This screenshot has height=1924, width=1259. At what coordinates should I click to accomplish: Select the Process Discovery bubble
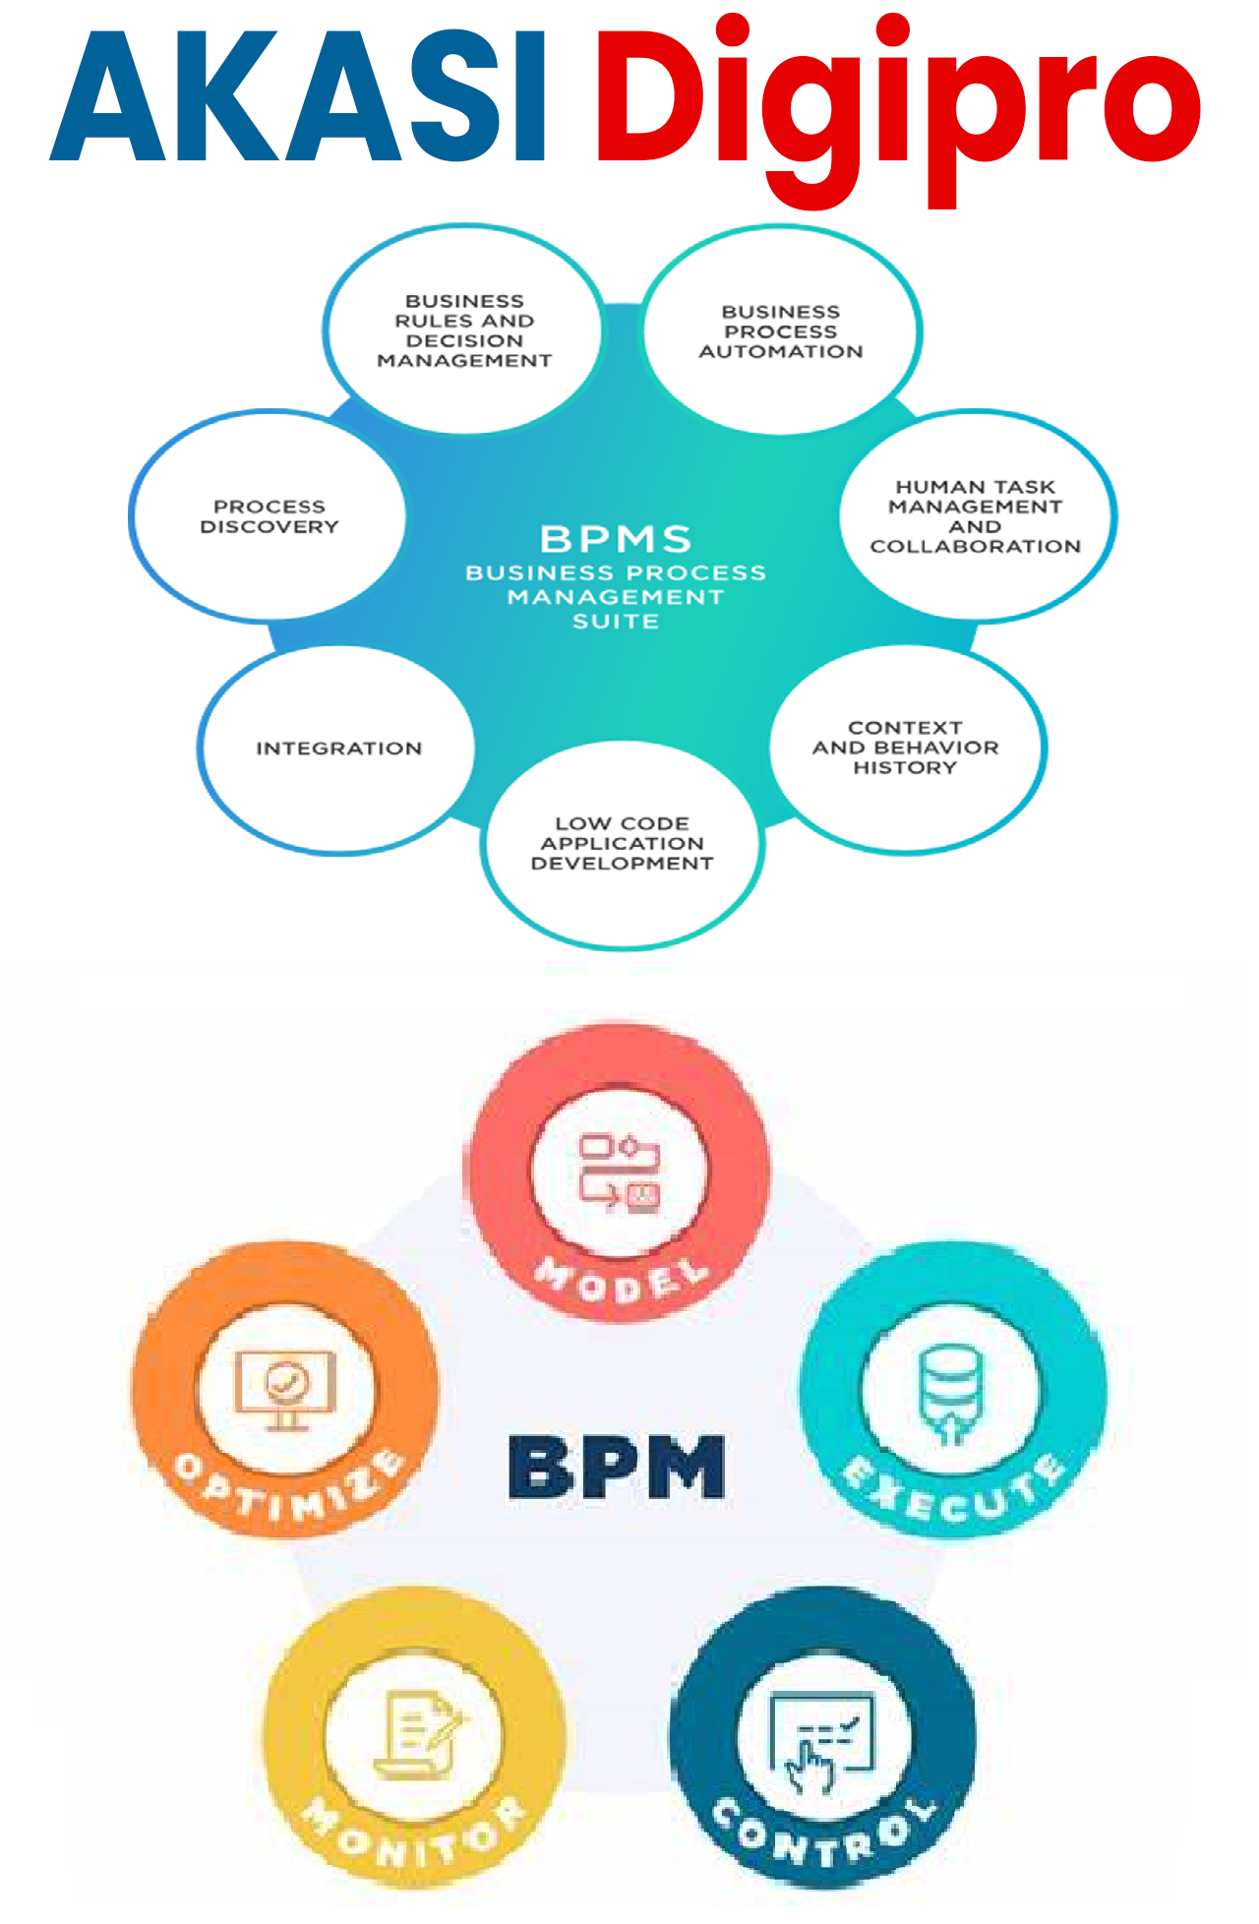coord(269,516)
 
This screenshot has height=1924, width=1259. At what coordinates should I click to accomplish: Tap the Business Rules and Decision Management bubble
coord(464,331)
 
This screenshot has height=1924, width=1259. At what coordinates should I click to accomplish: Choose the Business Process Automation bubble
coord(781,331)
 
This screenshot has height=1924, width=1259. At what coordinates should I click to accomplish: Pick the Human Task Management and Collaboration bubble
coord(976,516)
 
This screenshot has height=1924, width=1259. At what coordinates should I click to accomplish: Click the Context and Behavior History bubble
coord(905,748)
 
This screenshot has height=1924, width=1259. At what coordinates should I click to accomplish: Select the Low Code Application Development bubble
coord(622,843)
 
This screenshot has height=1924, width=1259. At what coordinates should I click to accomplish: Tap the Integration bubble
coord(338,749)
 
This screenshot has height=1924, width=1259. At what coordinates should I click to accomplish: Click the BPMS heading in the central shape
coord(616,539)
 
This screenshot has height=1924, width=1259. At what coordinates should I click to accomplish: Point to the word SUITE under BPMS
coord(616,622)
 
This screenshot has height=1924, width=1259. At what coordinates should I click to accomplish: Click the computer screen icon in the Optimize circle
coord(284,1389)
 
